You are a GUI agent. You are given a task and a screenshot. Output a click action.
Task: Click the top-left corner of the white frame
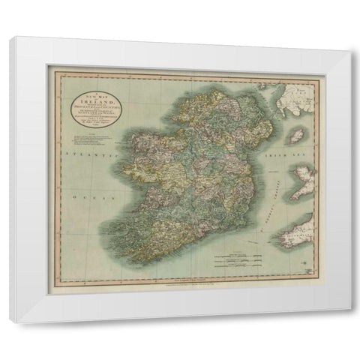[18, 38]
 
